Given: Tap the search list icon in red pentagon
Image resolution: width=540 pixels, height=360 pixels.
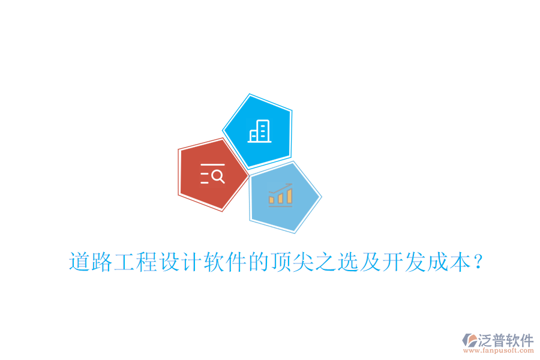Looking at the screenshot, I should pyautogui.click(x=212, y=173).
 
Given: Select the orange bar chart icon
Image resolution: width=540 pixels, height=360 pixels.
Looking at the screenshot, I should pyautogui.click(x=280, y=195).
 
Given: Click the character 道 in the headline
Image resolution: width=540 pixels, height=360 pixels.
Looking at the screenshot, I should pyautogui.click(x=80, y=262).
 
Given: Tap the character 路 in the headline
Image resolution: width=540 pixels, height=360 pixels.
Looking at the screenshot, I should pyautogui.click(x=102, y=262).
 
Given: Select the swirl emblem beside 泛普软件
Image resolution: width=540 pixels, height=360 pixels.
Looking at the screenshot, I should pyautogui.click(x=470, y=341).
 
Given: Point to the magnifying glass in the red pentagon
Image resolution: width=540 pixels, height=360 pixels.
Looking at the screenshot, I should pyautogui.click(x=218, y=176).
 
